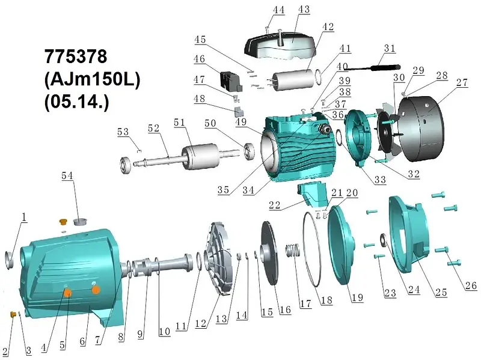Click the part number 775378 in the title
76,56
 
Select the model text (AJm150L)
93,80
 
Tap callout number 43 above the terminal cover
304,9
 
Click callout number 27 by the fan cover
462,82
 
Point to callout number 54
67,175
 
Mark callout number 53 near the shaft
123,132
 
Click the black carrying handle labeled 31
373,67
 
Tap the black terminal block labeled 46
231,81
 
